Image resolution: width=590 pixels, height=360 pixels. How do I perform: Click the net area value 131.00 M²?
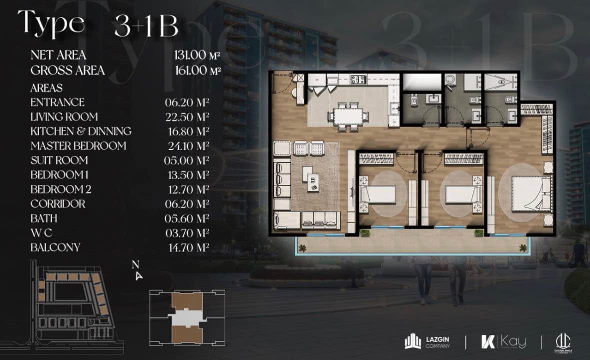pyautogui.click(x=197, y=55)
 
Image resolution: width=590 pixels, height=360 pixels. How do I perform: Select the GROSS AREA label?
pyautogui.click(x=68, y=70)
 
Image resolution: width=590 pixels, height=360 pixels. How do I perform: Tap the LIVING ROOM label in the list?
pyautogui.click(x=65, y=117)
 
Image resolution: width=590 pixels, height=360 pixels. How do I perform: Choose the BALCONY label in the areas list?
pyautogui.click(x=56, y=247)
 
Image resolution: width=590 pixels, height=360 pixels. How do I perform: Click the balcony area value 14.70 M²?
pyautogui.click(x=189, y=248)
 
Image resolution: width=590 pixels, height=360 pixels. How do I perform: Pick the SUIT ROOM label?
pyautogui.click(x=59, y=160)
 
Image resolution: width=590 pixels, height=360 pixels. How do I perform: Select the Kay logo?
pyautogui.click(x=503, y=341)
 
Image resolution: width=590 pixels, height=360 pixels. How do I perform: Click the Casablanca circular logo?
pyautogui.click(x=563, y=342)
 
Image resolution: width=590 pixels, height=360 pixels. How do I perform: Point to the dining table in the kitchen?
pyautogui.click(x=347, y=116)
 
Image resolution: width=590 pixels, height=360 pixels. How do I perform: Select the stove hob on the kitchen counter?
pyautogui.click(x=359, y=79)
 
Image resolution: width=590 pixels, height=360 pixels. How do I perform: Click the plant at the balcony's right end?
pyautogui.click(x=523, y=247)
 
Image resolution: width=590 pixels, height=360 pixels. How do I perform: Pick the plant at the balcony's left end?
pyautogui.click(x=302, y=248)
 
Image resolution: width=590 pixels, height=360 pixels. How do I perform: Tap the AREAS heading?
pyautogui.click(x=46, y=88)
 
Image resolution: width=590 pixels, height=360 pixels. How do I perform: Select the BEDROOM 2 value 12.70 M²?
pyautogui.click(x=189, y=189)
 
